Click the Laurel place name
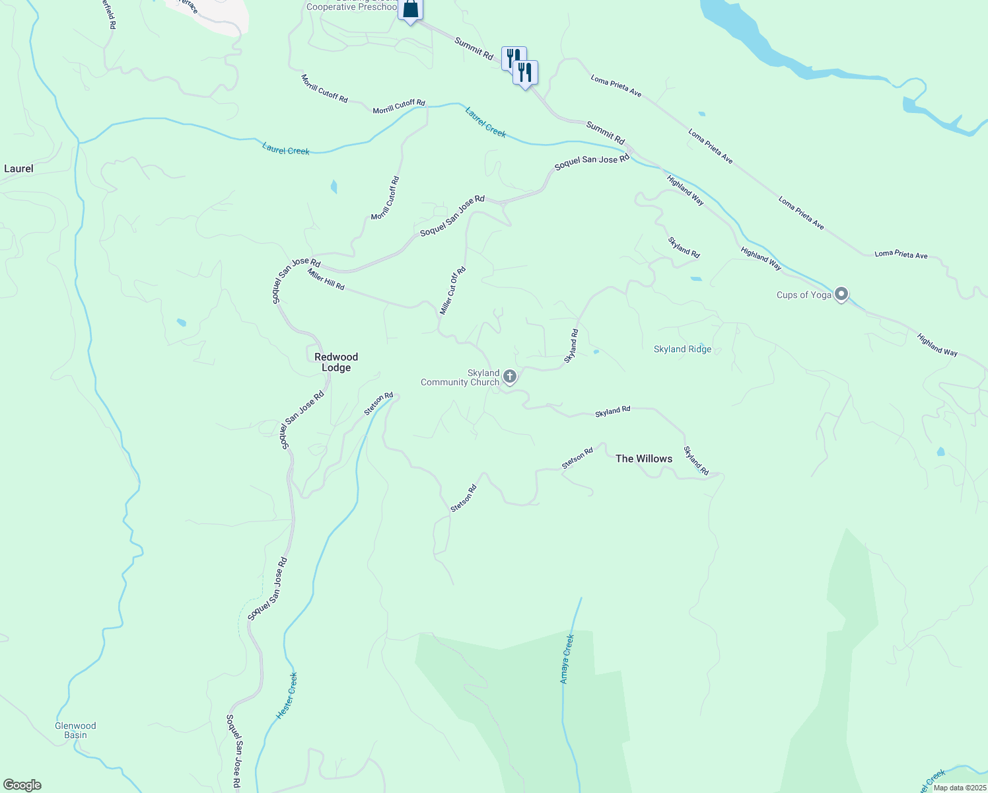point(18,169)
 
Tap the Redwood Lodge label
point(336,362)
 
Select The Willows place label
point(644,459)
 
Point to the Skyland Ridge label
point(682,349)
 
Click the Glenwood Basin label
point(75,730)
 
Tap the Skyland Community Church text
point(460,377)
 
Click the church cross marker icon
point(509,377)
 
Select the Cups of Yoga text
point(804,295)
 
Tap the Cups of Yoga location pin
point(841,294)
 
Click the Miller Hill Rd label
point(326,279)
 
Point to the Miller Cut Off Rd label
point(453,291)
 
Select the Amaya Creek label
point(567,659)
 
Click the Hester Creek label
point(287,695)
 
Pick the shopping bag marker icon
point(411,9)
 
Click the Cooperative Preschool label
point(351,7)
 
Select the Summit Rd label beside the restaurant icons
point(474,49)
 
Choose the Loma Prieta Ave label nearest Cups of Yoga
point(901,254)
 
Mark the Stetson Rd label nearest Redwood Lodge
point(378,404)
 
